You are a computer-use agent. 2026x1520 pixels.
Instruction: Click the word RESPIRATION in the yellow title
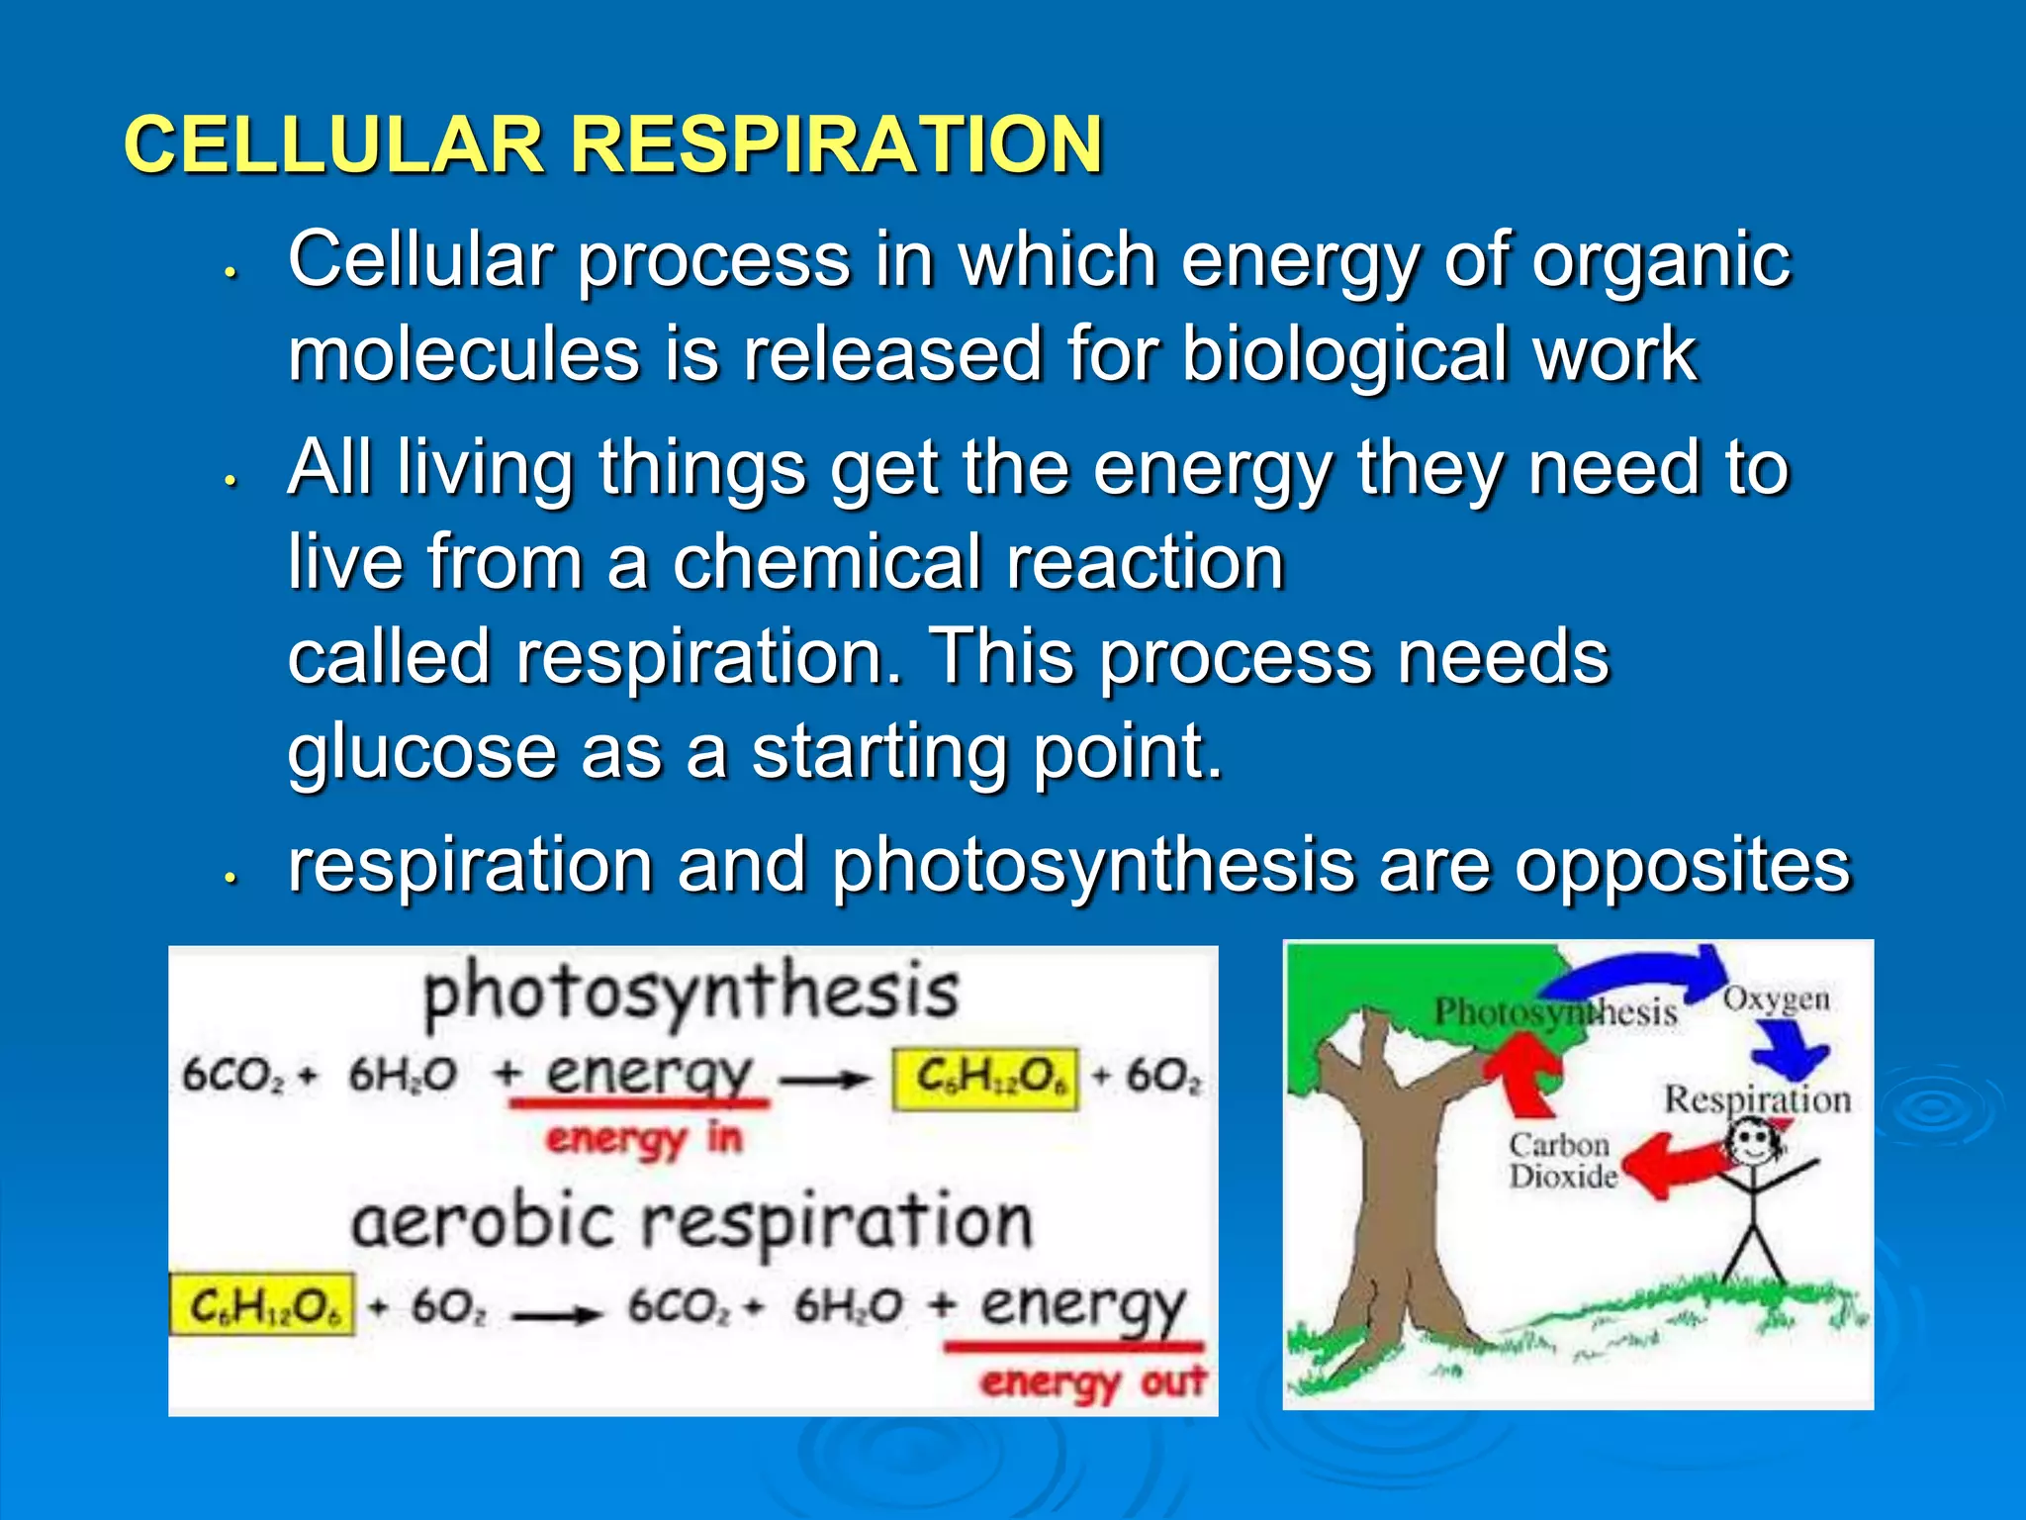(836, 144)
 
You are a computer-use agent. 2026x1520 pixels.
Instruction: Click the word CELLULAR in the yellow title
(333, 144)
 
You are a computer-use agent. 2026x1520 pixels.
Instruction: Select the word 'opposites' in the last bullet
(1682, 865)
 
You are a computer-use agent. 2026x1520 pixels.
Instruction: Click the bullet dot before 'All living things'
(230, 482)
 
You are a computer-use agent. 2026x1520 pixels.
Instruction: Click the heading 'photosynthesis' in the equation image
(691, 993)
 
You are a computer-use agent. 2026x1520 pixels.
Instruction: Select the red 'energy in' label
(643, 1138)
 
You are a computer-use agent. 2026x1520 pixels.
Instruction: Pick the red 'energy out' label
(1092, 1381)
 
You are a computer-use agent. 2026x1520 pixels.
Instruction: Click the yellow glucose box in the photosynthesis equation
(985, 1079)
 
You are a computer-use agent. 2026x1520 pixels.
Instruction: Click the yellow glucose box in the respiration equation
(262, 1306)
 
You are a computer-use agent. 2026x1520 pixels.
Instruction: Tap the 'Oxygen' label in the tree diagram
(1776, 999)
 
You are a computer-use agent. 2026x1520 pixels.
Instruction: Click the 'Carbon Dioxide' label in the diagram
(1561, 1161)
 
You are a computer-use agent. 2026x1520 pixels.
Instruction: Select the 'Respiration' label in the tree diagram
(1757, 1099)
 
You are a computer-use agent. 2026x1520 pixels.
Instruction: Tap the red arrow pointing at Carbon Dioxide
(1672, 1164)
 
